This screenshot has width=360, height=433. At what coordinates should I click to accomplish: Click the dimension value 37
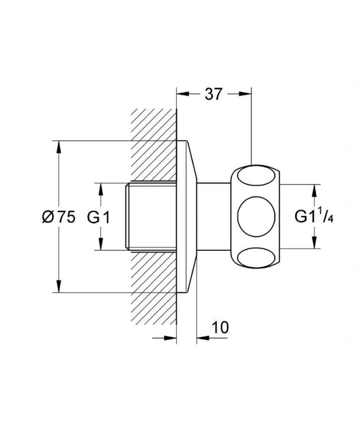(213, 94)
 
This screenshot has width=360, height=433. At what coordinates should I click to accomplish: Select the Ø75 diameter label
(58, 216)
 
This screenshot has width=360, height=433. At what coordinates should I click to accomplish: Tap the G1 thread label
(98, 217)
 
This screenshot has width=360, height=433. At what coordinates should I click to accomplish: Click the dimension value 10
(220, 327)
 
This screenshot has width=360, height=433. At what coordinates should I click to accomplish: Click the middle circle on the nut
(256, 216)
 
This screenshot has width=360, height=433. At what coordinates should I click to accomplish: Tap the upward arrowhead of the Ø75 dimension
(58, 147)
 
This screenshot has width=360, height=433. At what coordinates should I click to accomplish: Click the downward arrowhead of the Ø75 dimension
(58, 286)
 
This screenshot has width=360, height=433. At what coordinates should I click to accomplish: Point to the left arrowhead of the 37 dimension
(183, 93)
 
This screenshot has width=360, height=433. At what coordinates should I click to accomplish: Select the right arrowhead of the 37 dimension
(245, 93)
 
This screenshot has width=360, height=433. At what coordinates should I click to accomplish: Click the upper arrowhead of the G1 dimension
(101, 189)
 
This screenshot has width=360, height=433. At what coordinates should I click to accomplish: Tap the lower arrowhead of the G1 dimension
(101, 244)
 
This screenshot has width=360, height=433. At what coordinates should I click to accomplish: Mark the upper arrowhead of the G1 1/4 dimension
(314, 191)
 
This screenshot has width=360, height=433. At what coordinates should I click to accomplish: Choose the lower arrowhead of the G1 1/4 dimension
(314, 242)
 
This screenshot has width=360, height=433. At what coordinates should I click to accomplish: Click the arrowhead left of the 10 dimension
(170, 338)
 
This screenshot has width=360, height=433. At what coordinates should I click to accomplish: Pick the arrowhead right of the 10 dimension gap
(203, 338)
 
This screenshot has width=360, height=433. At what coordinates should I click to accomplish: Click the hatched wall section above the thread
(154, 145)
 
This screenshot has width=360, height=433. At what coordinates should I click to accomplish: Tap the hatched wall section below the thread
(154, 288)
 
